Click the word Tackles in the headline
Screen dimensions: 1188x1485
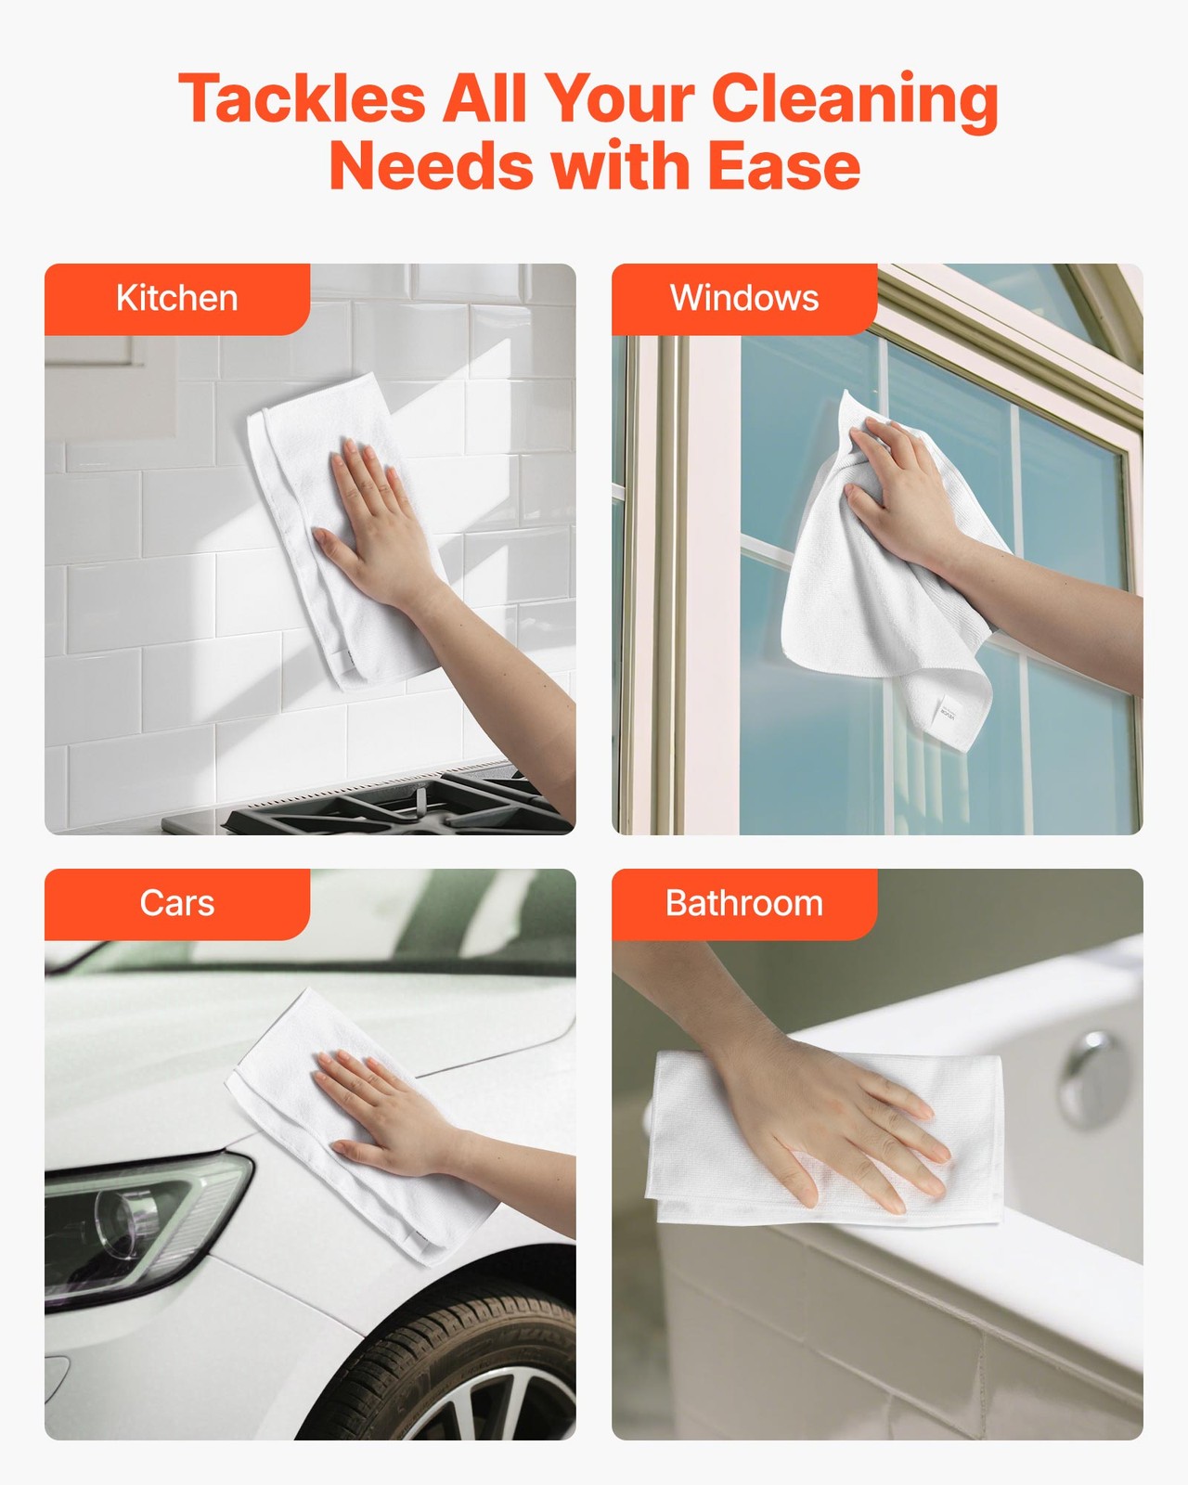pos(302,98)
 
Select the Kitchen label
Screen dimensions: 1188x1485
pos(176,298)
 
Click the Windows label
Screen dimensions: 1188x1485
pos(744,298)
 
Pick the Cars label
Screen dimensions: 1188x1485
pos(176,902)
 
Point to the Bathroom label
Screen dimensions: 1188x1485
pos(744,902)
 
